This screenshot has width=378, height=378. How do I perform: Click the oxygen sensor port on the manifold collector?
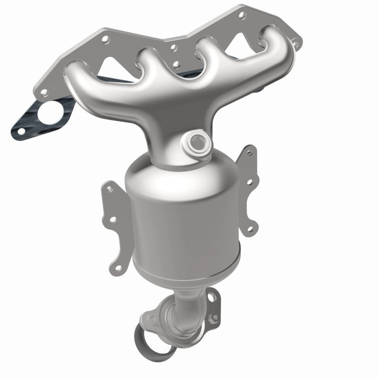(197, 141)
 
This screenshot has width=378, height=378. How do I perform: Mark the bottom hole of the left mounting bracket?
(119, 267)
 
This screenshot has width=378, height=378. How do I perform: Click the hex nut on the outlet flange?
(214, 317)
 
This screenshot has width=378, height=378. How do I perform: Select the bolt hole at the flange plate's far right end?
(295, 40)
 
